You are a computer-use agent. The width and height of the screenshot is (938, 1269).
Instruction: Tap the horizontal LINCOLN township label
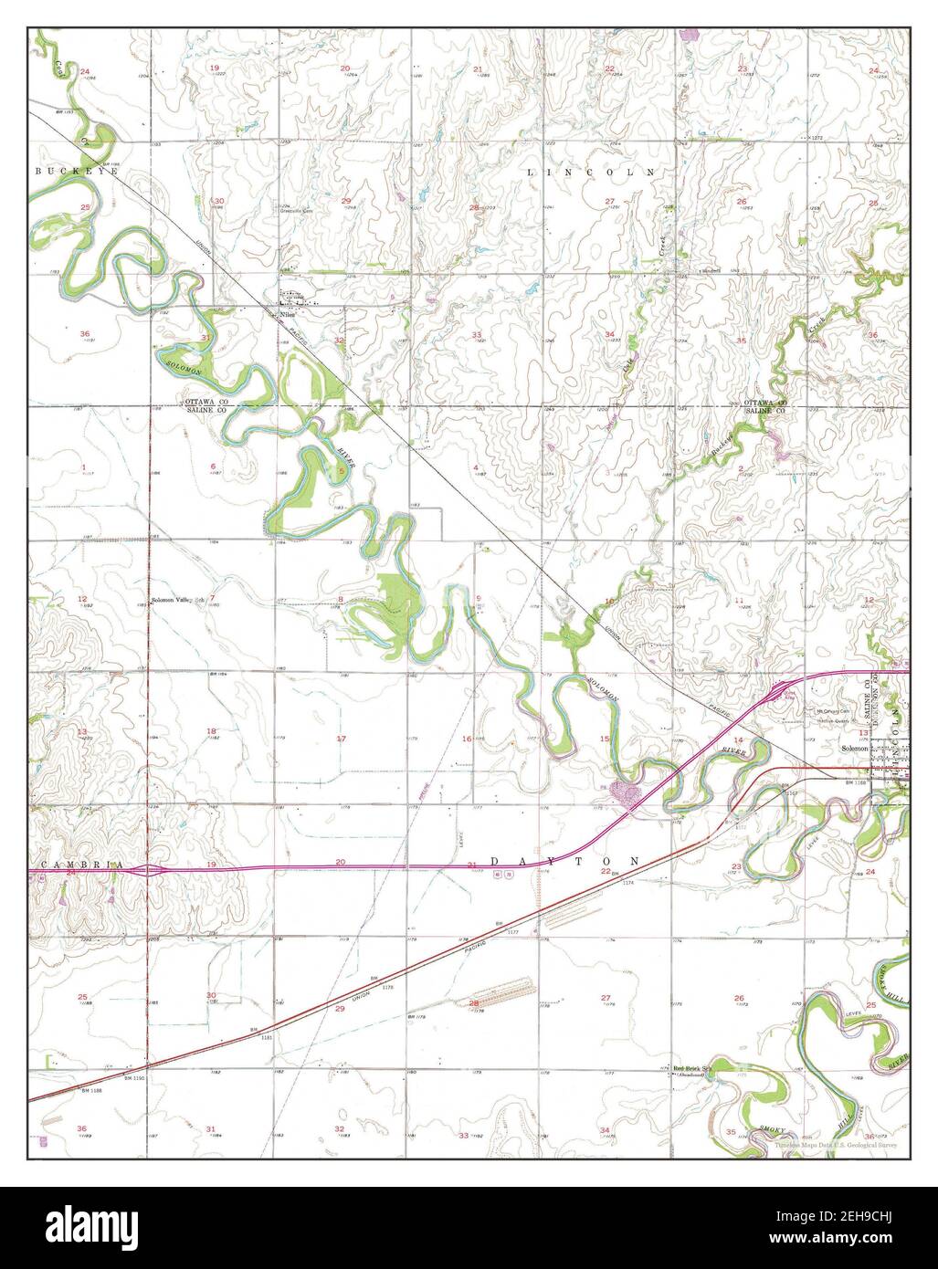point(591,171)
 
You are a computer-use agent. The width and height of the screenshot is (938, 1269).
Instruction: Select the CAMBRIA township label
point(70,864)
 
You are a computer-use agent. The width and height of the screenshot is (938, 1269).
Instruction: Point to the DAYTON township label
point(565,861)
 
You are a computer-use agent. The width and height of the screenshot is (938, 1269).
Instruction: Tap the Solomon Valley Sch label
point(175,602)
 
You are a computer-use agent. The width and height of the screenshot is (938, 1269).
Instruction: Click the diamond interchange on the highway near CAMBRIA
point(149,870)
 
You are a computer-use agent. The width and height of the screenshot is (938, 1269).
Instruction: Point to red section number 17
point(342,739)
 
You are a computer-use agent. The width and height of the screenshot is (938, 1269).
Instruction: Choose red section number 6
point(213,467)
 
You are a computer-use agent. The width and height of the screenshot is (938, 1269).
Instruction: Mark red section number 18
point(211,731)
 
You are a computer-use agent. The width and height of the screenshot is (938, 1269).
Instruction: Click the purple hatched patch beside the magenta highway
point(627,793)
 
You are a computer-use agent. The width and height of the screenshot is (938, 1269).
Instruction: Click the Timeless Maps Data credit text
point(835,1144)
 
